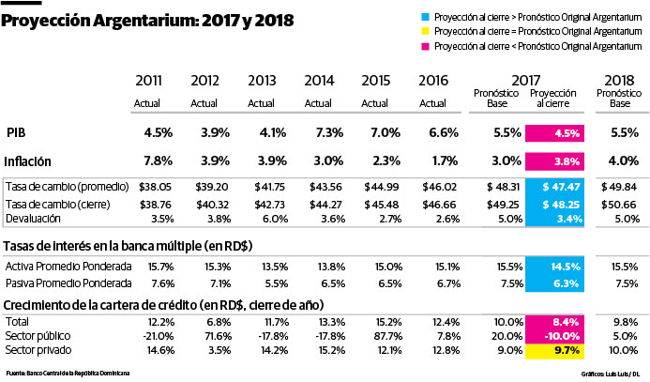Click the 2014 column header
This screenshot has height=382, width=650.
(320, 83)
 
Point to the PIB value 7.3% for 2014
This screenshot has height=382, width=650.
(320, 132)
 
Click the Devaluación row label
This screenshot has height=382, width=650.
(38, 218)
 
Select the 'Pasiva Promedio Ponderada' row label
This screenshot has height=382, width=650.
(68, 283)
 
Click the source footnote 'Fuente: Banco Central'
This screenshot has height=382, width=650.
(67, 373)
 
